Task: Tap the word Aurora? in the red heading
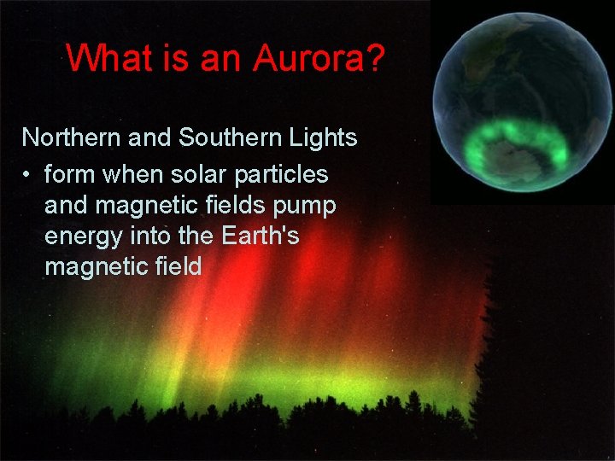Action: point(319,58)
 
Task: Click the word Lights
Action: point(325,137)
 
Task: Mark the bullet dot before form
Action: point(28,175)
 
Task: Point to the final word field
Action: point(178,266)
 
